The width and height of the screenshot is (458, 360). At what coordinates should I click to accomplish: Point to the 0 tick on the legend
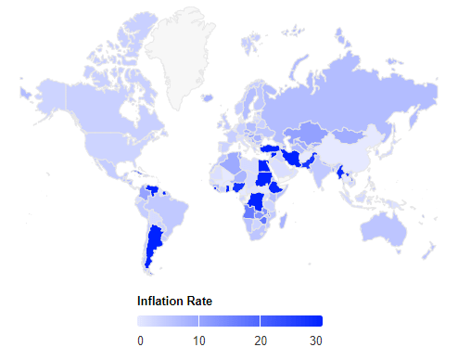140,341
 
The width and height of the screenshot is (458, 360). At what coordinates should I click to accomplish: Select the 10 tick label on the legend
198,341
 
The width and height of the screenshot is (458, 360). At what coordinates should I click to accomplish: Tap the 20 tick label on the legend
261,341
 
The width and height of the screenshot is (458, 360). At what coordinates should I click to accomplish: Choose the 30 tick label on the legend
315,341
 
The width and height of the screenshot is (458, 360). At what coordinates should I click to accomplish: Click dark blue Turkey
271,148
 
